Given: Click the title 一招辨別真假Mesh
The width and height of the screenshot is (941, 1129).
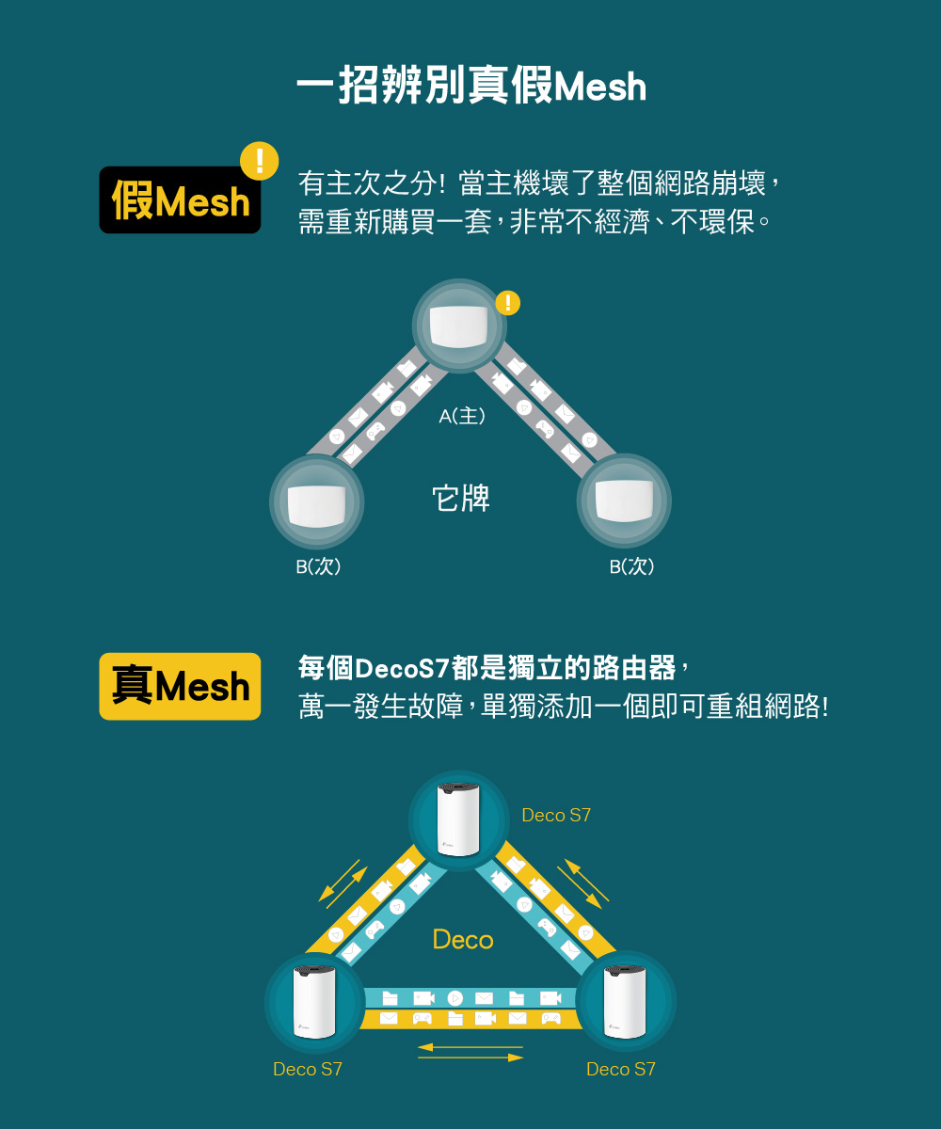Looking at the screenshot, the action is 471,86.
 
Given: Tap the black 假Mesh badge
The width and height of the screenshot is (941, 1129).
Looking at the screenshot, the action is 180,200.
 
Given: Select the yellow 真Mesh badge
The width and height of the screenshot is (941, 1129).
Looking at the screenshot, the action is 180,686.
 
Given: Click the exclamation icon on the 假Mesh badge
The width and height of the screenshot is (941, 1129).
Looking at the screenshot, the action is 259,161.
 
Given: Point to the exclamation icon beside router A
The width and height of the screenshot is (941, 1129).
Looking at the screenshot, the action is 508,303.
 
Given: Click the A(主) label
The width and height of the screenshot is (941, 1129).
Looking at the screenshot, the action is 462,416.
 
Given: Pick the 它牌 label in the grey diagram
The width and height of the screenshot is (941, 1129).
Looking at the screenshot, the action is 461,498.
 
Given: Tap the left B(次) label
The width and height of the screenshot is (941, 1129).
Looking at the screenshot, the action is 318,566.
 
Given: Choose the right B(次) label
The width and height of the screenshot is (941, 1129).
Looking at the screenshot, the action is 631,566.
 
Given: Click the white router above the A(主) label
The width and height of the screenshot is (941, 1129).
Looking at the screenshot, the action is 458,326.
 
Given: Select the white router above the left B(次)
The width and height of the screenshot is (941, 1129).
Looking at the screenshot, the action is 316,505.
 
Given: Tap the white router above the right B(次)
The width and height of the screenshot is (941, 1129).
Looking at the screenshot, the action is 624,501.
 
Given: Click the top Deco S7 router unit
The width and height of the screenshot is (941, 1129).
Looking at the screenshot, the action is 458,819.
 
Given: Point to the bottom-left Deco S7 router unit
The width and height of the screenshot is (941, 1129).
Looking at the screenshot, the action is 314,1003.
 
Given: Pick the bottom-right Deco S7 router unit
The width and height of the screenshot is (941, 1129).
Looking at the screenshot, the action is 625,1003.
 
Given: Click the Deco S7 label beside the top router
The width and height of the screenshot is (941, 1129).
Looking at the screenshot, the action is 556,815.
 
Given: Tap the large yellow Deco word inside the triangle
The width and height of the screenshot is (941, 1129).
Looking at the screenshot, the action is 463,940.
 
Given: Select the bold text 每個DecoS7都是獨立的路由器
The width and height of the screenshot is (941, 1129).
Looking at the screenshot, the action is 486,667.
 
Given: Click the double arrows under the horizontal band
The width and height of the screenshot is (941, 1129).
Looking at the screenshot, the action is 470,1052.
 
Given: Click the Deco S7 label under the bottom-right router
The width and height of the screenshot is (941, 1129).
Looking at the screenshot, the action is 621,1069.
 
